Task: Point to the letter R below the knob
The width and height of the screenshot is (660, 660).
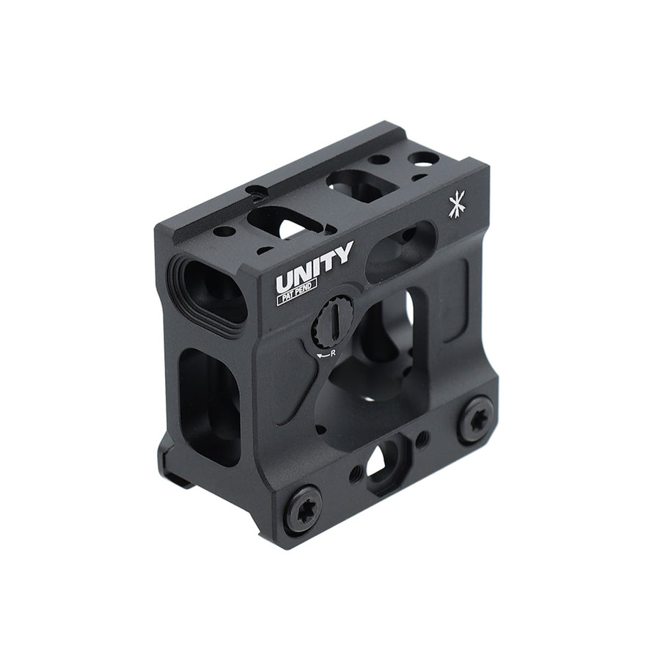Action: pyautogui.click(x=333, y=353)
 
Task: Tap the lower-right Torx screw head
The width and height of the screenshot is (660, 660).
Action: pyautogui.click(x=476, y=419)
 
